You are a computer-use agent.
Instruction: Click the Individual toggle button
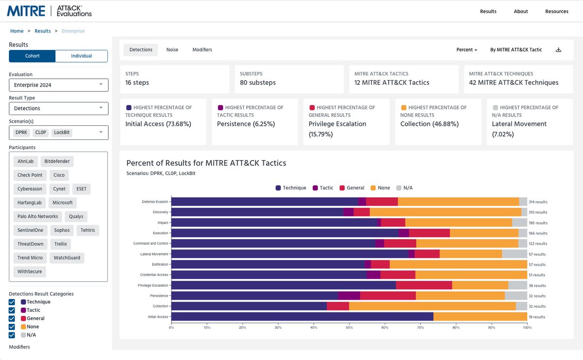point(81,56)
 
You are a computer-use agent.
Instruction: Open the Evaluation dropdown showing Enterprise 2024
point(58,85)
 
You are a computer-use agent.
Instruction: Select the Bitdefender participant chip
point(57,161)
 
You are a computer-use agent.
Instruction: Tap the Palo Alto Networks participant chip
point(37,217)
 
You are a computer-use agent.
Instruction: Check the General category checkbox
point(12,319)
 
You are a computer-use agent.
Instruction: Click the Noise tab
point(172,50)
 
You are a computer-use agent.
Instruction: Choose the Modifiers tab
point(202,50)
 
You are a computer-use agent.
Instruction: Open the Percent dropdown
point(466,50)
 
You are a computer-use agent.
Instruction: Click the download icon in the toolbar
point(559,50)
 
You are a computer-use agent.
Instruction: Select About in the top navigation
point(521,11)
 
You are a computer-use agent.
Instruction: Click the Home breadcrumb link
point(17,31)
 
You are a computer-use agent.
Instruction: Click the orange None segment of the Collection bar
point(432,306)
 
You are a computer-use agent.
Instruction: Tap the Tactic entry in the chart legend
point(323,188)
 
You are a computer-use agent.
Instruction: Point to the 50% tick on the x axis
point(349,327)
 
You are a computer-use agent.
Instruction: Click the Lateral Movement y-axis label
point(154,254)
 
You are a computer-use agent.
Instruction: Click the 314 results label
point(538,202)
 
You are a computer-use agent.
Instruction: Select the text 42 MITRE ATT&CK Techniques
point(514,83)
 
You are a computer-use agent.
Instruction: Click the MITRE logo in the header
point(26,11)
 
